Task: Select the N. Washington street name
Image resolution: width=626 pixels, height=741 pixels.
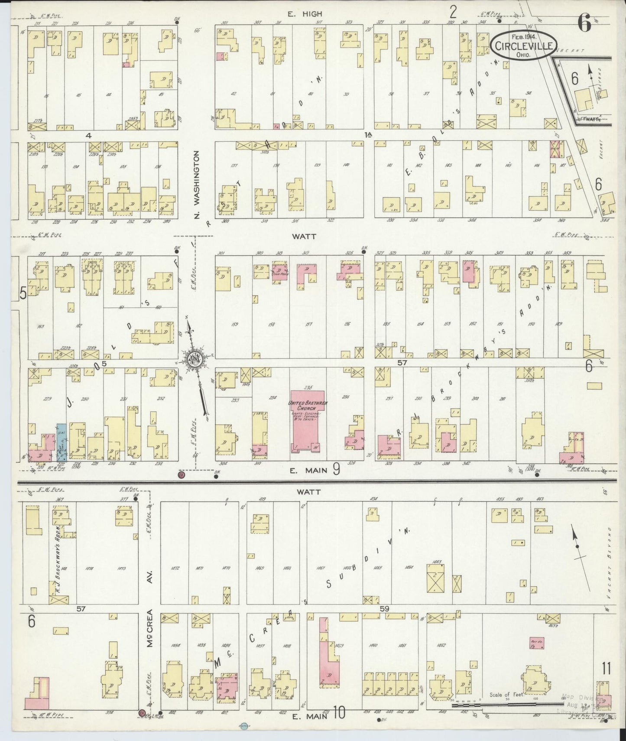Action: point(196,184)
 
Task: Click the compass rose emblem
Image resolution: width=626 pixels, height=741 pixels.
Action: point(193,359)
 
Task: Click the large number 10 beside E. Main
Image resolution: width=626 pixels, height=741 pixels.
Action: point(339,712)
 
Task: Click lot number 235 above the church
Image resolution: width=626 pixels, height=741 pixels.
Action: point(308,387)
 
